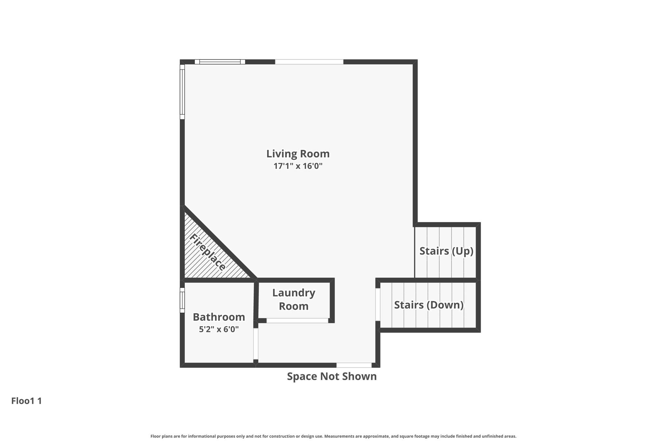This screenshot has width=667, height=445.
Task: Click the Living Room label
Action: click(x=298, y=154)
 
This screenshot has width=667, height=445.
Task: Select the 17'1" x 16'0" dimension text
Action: click(x=298, y=166)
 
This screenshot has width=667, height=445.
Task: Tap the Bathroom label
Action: click(x=219, y=317)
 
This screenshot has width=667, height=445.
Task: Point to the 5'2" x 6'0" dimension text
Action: click(x=219, y=329)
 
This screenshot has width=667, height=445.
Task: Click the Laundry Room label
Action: click(x=293, y=299)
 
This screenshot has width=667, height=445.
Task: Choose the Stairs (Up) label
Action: click(x=446, y=251)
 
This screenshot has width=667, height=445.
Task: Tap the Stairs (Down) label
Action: click(x=429, y=305)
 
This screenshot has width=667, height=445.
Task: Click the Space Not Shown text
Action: click(x=332, y=376)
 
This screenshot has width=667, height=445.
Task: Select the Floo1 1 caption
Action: click(x=26, y=401)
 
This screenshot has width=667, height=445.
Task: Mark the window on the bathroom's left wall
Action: click(x=182, y=300)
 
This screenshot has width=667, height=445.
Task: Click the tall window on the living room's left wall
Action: click(x=182, y=92)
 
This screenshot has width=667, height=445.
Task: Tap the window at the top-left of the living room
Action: click(x=220, y=62)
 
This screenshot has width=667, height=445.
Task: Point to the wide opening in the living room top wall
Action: click(x=309, y=62)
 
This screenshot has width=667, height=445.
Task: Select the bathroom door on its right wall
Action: click(x=256, y=344)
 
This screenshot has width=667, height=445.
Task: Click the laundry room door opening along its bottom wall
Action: click(x=297, y=321)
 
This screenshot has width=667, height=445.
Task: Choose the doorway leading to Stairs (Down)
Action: click(x=378, y=304)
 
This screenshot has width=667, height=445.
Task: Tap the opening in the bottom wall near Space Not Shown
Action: click(x=354, y=365)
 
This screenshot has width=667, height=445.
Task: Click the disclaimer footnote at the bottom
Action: click(x=333, y=436)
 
